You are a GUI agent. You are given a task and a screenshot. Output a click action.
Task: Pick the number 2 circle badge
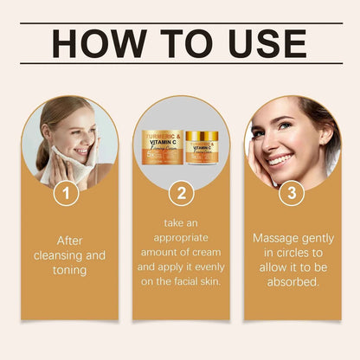pyautogui.click(x=180, y=194)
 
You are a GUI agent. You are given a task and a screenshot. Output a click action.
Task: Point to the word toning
pyautogui.click(x=68, y=270)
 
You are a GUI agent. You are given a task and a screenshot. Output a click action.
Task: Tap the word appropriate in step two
pyautogui.click(x=181, y=235)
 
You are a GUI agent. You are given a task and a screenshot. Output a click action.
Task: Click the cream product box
pyautogui.click(x=163, y=151)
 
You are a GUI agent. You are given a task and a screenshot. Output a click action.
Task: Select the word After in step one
pyautogui.click(x=68, y=241)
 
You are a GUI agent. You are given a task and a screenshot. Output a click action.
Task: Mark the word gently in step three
pyautogui.click(x=317, y=236)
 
